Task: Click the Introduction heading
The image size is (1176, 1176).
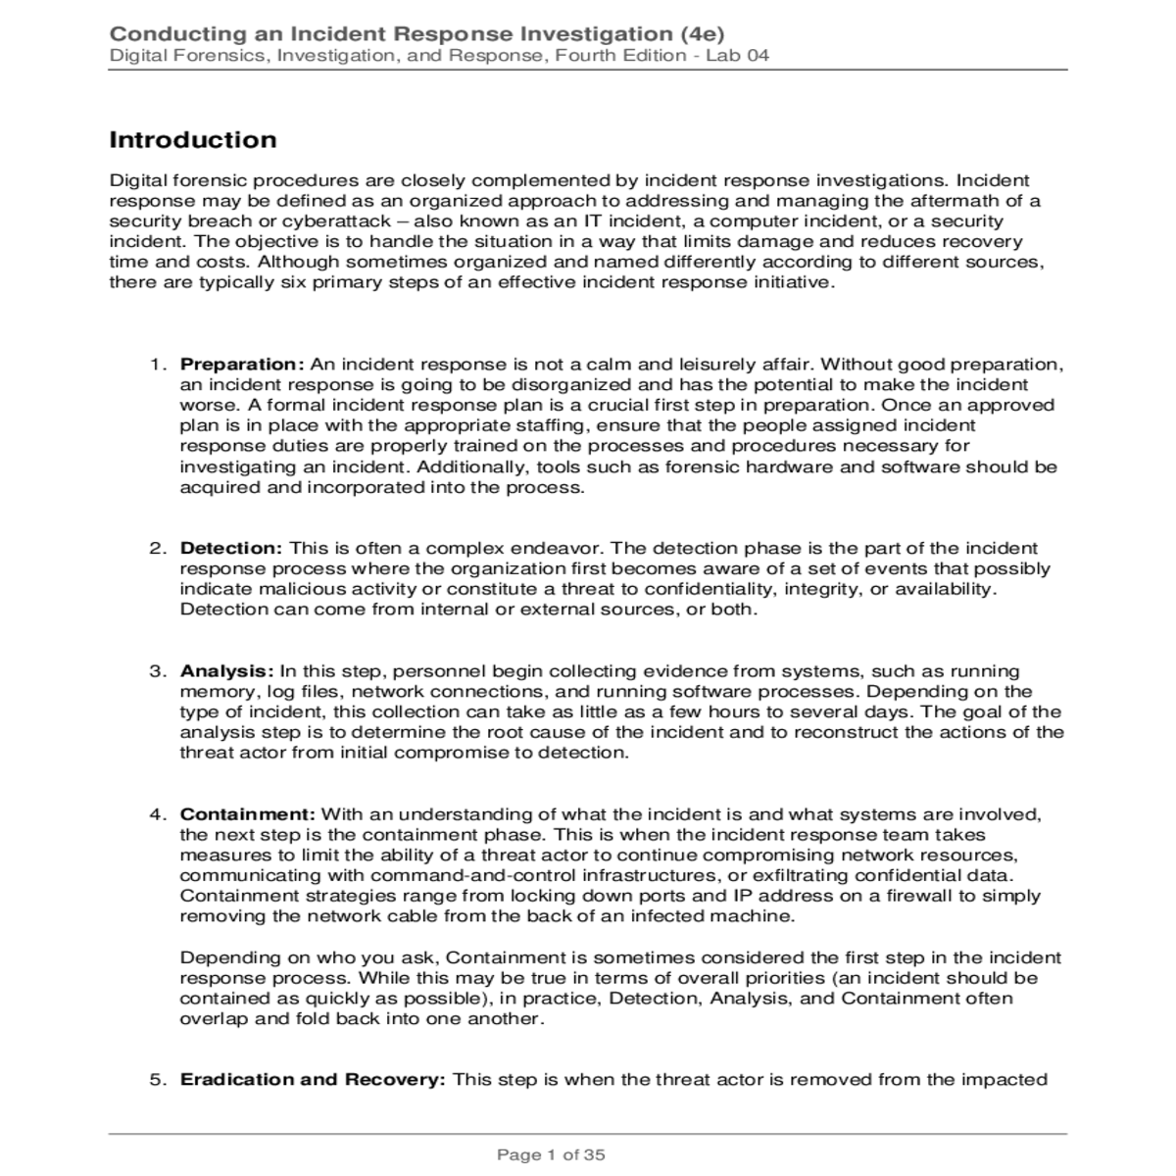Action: (193, 140)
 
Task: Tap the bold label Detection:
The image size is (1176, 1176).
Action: (231, 548)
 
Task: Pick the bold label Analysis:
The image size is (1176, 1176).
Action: (226, 671)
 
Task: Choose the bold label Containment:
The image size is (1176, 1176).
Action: (247, 814)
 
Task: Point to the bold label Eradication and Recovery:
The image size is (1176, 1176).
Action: (313, 1079)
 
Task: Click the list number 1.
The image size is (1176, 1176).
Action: (157, 365)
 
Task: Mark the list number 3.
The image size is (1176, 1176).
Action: (157, 671)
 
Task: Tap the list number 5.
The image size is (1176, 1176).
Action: (157, 1079)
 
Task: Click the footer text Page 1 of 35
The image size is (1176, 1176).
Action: (551, 1154)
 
